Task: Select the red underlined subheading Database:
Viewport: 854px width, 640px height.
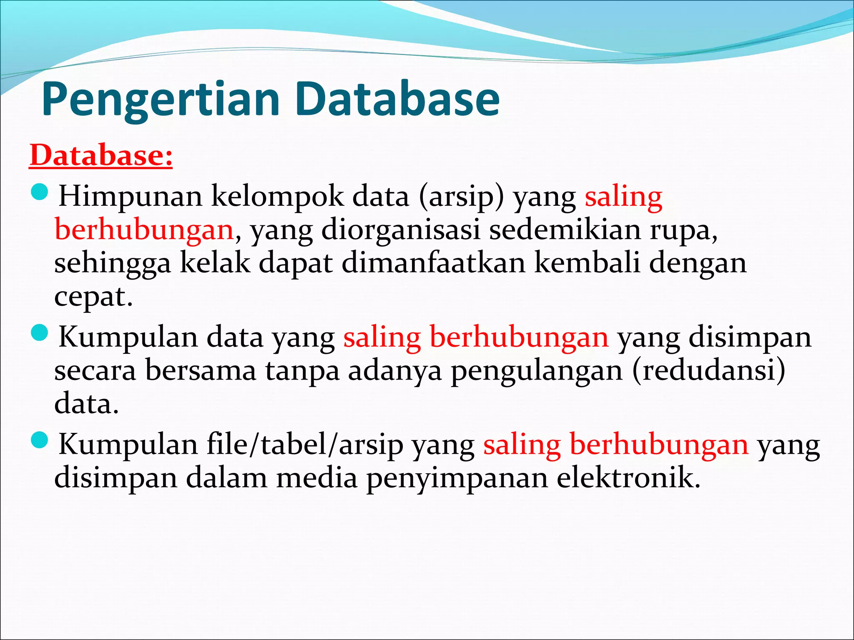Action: [100, 155]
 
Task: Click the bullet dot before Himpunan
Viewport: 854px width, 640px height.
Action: [40, 192]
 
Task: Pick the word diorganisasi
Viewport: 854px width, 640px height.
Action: [401, 230]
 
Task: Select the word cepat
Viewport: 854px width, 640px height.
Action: [93, 297]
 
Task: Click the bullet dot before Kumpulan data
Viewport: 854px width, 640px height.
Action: [40, 333]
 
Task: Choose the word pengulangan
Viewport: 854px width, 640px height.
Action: [536, 370]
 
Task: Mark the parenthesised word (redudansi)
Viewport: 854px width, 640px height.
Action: [708, 370]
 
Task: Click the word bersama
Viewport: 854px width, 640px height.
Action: [201, 370]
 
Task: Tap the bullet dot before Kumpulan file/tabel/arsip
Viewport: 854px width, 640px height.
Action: [40, 440]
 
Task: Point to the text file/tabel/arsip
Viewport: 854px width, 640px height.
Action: [305, 444]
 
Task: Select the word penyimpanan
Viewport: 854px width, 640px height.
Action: [457, 478]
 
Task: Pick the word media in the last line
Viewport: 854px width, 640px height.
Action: [317, 477]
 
